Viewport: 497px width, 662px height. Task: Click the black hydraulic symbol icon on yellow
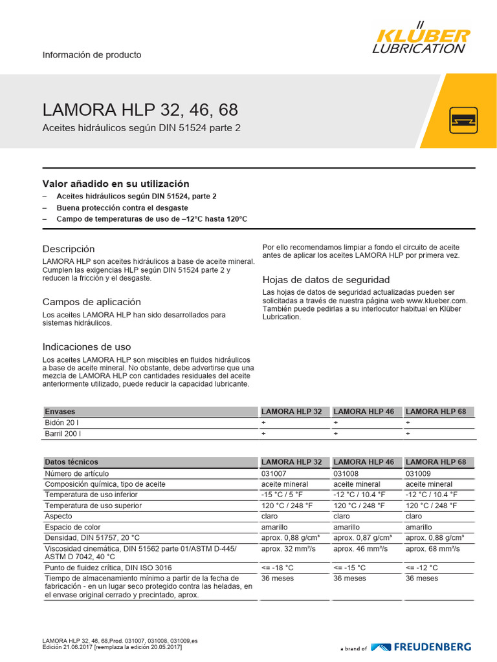[x=463, y=120]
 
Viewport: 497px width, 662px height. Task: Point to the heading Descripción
[x=69, y=249]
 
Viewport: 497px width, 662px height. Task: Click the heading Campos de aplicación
[x=91, y=302]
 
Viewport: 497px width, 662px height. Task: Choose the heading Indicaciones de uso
[x=87, y=347]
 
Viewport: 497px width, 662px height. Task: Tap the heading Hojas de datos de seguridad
[x=326, y=280]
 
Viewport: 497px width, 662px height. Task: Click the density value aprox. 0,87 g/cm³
[x=363, y=538]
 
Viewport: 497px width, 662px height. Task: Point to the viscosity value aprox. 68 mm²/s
[x=433, y=549]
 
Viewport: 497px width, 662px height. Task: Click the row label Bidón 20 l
[x=63, y=422]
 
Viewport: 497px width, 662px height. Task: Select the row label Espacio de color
[x=74, y=528]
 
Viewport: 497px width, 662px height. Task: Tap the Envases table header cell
[x=60, y=411]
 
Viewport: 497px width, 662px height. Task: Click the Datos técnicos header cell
[x=71, y=462]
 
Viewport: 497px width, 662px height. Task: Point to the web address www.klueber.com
[x=436, y=301]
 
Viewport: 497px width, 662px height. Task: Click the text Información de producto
[x=92, y=55]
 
